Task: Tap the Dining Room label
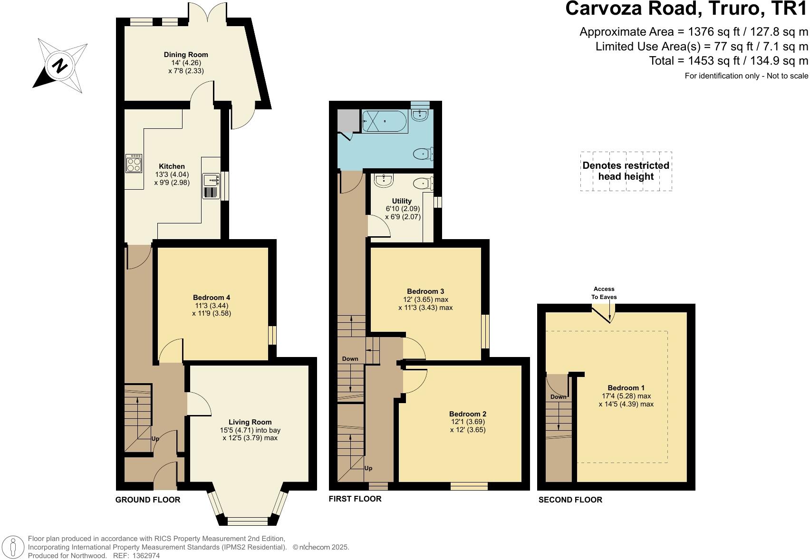(186, 55)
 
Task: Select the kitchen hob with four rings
(134, 164)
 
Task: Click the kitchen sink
(211, 181)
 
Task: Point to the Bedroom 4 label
(212, 298)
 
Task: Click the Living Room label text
(250, 422)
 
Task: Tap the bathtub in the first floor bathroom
(385, 121)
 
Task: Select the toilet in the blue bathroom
(422, 154)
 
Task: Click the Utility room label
(402, 201)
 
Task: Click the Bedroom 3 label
(425, 291)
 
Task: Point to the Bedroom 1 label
(626, 388)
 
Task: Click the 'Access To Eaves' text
(604, 293)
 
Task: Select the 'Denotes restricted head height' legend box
(626, 171)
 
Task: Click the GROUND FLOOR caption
(148, 500)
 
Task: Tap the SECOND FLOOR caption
(570, 500)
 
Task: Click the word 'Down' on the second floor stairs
(558, 397)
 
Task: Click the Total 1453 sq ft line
(728, 61)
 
